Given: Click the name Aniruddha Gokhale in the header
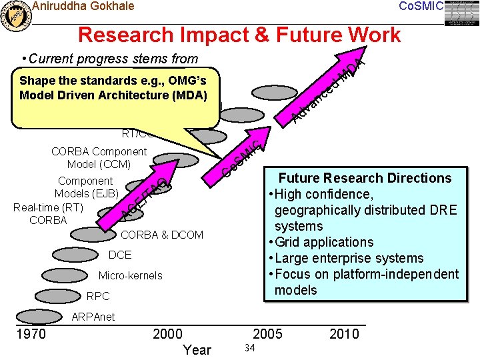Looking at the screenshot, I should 83,7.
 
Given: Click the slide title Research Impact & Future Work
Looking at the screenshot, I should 239,34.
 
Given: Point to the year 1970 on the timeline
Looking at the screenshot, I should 31,333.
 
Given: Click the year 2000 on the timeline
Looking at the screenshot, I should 167,333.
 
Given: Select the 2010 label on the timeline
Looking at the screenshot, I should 344,333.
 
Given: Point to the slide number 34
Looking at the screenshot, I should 250,348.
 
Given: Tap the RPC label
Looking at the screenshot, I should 98,296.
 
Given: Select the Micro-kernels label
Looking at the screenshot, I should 130,275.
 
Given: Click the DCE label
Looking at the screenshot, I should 120,255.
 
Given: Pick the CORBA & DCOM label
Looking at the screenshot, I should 161,235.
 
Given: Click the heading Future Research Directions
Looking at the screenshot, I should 365,178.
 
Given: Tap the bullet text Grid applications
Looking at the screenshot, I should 325,242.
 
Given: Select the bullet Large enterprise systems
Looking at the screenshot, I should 349,258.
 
